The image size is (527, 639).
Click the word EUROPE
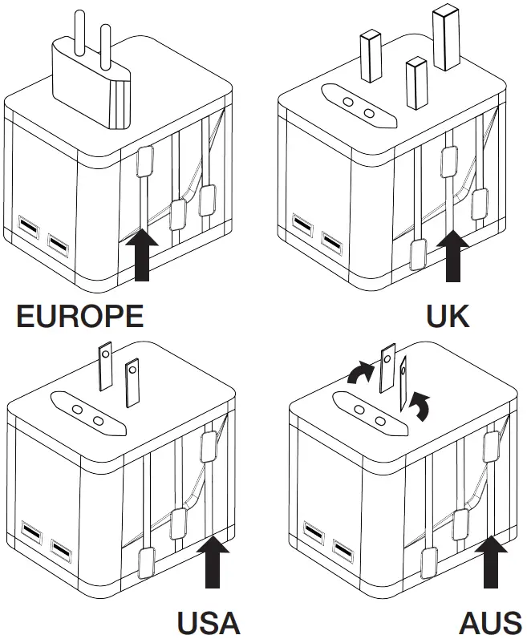pos(80,316)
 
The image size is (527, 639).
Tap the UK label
pos(448,316)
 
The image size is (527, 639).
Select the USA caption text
pos(208,622)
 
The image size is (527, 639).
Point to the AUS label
pos(490,622)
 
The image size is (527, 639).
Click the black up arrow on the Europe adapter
pos(143,254)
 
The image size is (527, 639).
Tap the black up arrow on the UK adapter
pos(454,257)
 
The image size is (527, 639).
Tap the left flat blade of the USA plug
pos(103,367)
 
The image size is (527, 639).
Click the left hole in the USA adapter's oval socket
pos(78,409)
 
